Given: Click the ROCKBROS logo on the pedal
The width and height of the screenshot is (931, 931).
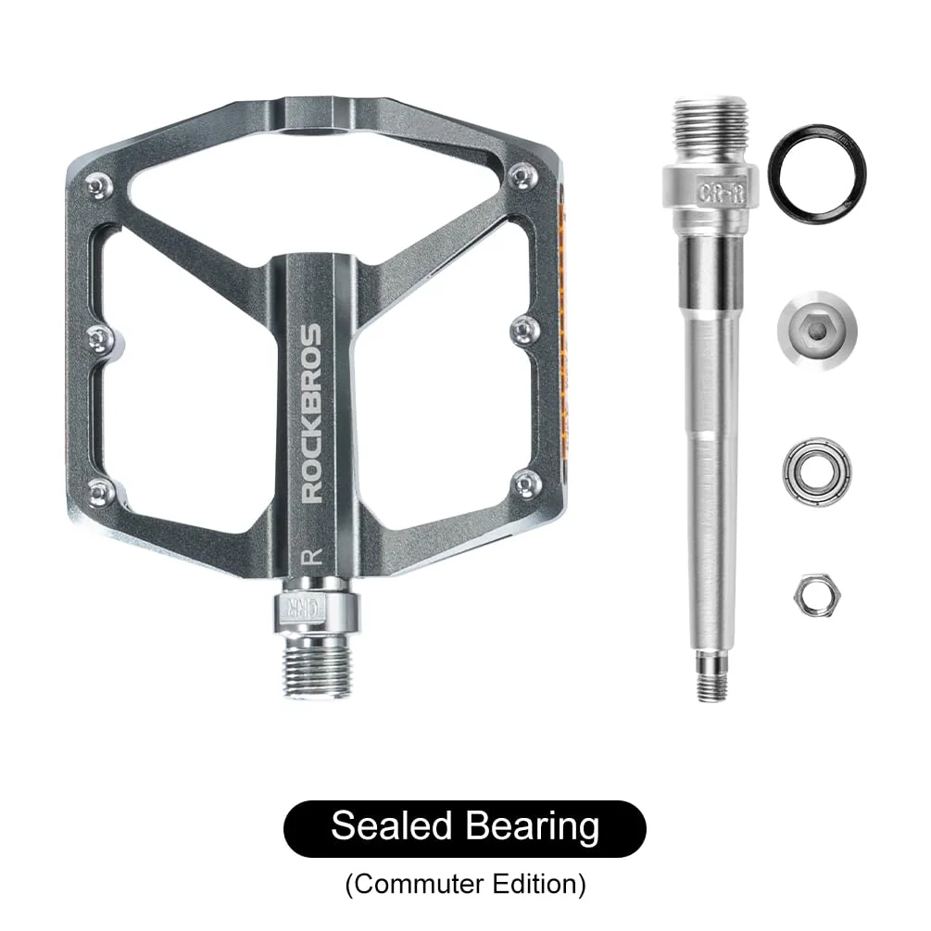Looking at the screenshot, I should click(312, 413).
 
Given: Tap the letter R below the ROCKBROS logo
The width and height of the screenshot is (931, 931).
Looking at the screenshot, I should click(312, 558).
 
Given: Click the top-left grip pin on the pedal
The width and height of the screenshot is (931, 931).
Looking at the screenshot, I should click(97, 188).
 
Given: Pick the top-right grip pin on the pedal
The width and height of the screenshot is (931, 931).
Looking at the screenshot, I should click(524, 173).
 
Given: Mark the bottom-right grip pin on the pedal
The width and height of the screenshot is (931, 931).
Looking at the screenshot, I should click(526, 481).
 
